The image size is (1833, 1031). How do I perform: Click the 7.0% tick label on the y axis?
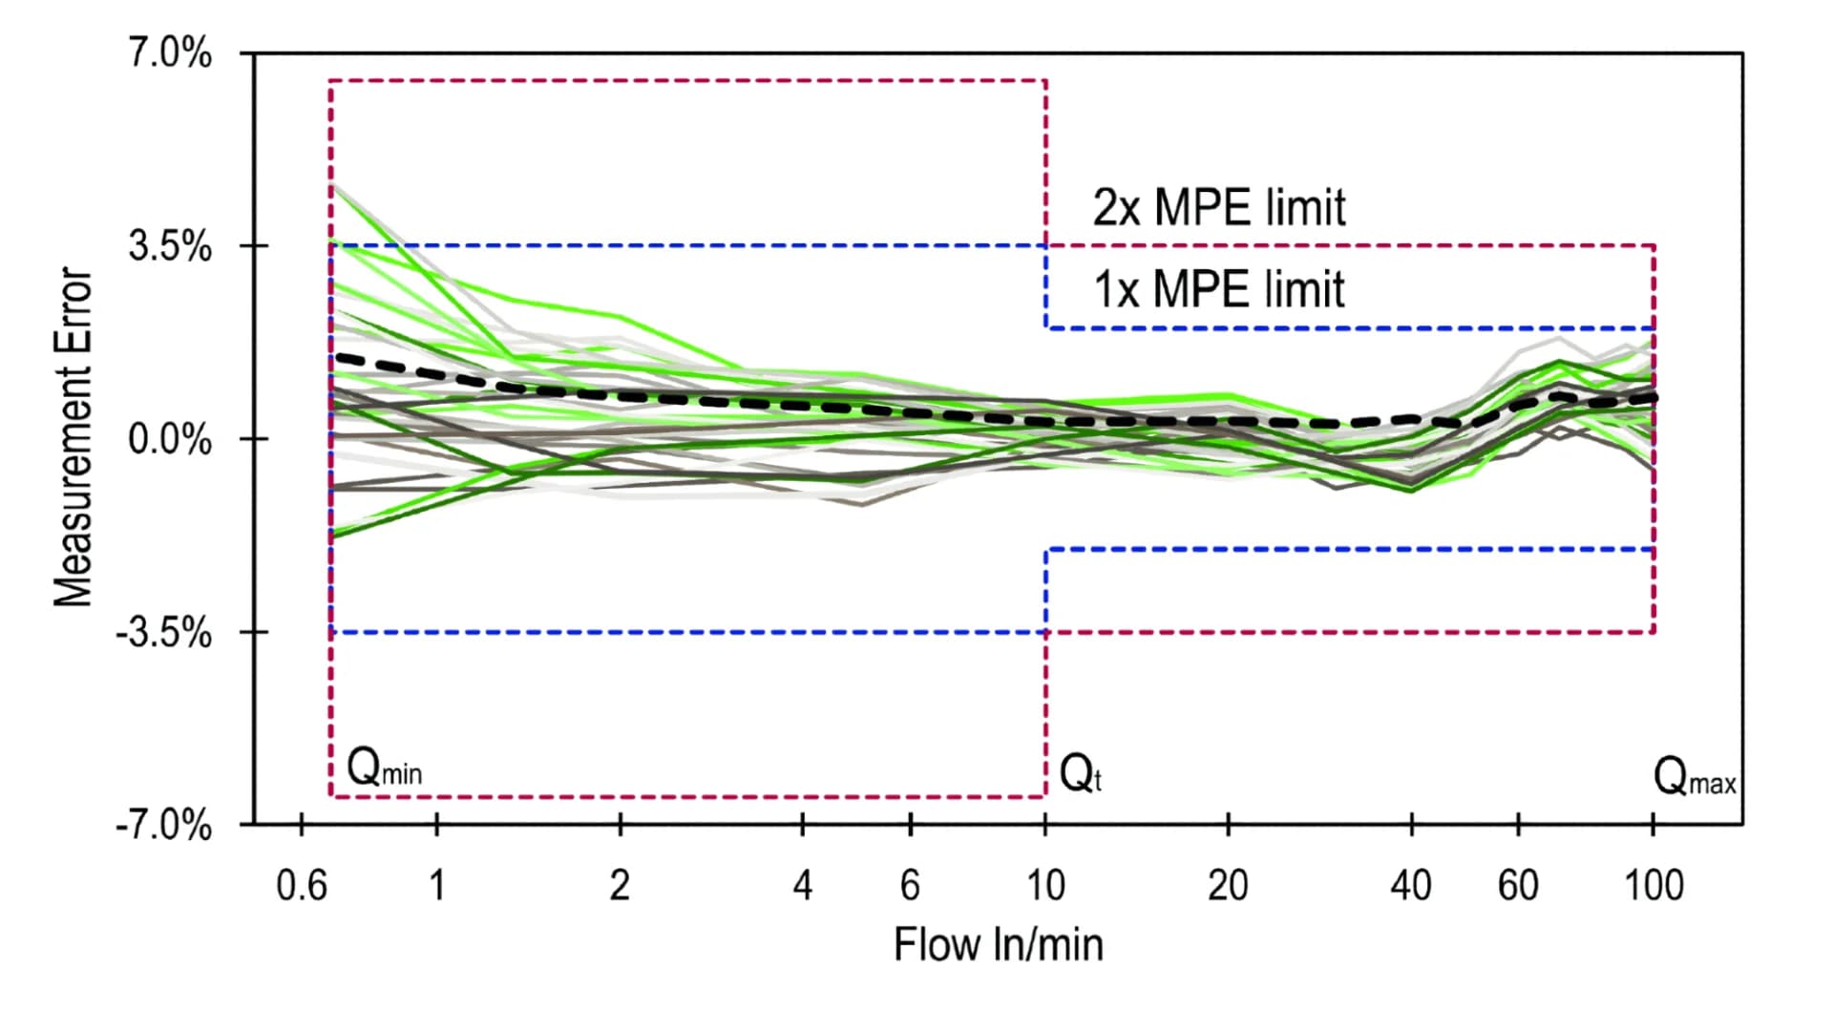pyautogui.click(x=170, y=53)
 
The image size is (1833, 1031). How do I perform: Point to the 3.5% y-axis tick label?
pyautogui.click(x=170, y=246)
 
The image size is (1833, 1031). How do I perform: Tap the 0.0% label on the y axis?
pyautogui.click(x=170, y=440)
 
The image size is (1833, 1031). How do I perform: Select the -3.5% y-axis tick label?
pyautogui.click(x=164, y=633)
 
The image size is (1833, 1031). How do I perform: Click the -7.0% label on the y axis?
pyautogui.click(x=164, y=826)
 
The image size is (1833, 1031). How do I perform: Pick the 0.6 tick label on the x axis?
pyautogui.click(x=302, y=886)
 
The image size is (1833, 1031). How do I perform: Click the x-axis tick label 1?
pyautogui.click(x=437, y=886)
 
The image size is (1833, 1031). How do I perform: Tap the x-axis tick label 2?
pyautogui.click(x=620, y=886)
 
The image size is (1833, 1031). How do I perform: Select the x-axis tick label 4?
pyautogui.click(x=803, y=886)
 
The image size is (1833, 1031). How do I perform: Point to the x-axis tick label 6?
pyautogui.click(x=910, y=886)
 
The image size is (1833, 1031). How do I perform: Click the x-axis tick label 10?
pyautogui.click(x=1045, y=886)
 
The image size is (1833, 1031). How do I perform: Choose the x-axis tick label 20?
pyautogui.click(x=1228, y=886)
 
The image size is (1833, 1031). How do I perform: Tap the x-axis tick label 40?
pyautogui.click(x=1411, y=886)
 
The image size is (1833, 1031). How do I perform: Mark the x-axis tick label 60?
pyautogui.click(x=1518, y=886)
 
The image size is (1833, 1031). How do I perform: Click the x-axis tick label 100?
pyautogui.click(x=1654, y=886)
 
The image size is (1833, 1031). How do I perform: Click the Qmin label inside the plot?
pyautogui.click(x=384, y=767)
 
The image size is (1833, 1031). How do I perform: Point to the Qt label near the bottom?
pyautogui.click(x=1081, y=773)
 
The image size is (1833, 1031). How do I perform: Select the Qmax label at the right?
pyautogui.click(x=1695, y=777)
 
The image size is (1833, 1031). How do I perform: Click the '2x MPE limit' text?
pyautogui.click(x=1219, y=207)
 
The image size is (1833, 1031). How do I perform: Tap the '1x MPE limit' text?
pyautogui.click(x=1219, y=288)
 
